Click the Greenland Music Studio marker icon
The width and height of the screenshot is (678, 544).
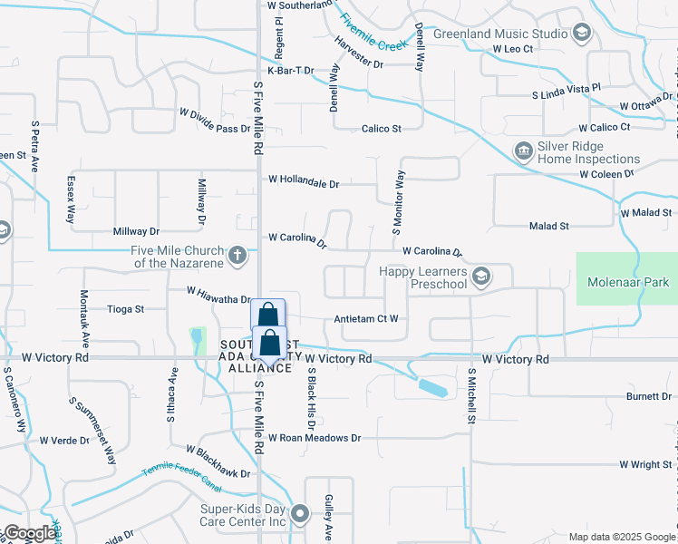point(583,34)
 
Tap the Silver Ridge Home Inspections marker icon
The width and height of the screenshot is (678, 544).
point(523,150)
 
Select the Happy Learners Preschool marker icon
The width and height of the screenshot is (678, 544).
point(482,275)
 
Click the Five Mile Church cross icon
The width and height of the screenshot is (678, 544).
point(237,256)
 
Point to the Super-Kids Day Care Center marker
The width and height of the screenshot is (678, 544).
point(302,515)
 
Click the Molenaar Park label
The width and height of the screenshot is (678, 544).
point(626,282)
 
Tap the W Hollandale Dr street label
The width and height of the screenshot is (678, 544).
point(304,181)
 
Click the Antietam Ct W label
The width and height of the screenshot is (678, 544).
point(366,318)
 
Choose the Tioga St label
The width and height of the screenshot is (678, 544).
point(126,309)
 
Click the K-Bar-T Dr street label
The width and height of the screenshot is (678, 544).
point(290,71)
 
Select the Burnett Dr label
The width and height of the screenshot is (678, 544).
point(649,397)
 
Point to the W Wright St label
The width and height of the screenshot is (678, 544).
point(644,464)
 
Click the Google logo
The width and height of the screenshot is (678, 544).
point(30,533)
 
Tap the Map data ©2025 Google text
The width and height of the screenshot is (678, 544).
point(621,537)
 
